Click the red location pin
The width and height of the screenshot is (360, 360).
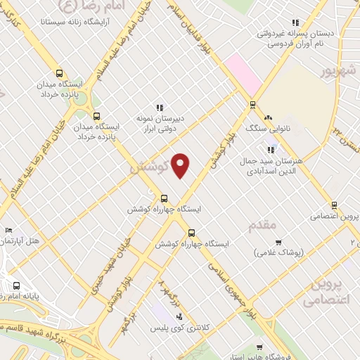[x=181, y=165]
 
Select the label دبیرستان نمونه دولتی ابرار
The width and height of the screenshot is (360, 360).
[x=160, y=124]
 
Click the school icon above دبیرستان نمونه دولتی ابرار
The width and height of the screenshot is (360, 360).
[x=160, y=108]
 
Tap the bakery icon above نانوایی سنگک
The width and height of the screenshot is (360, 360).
[x=267, y=117]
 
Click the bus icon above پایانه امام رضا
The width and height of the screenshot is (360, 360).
[x=15, y=285]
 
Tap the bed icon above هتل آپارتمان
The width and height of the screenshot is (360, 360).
[x=9, y=229]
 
